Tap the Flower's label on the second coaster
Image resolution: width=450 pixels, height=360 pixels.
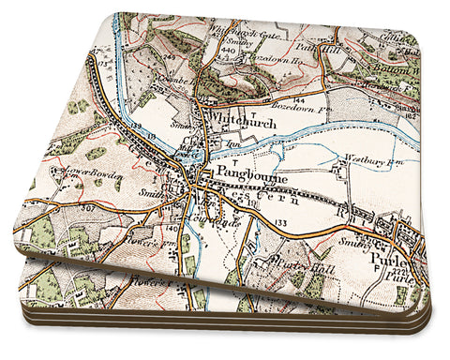pos(157,276)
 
